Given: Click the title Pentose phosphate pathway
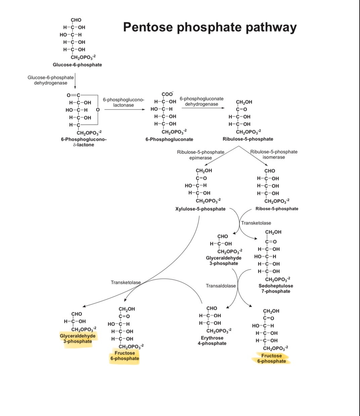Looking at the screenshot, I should click(x=210, y=27).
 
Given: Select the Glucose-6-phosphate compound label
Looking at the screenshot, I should click(x=77, y=65).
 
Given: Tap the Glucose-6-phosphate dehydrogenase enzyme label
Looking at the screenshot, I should click(x=50, y=80).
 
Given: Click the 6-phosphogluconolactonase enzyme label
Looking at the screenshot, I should click(x=123, y=102).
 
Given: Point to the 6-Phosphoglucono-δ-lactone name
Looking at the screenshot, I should click(x=84, y=142).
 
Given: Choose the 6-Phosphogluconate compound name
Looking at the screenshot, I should click(x=169, y=139).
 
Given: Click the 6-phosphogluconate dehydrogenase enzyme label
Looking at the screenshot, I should click(x=201, y=101).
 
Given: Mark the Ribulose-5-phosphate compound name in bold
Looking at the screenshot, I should click(x=248, y=139).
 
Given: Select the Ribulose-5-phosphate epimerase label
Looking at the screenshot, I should click(x=200, y=155).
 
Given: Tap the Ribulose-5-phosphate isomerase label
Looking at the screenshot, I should click(x=274, y=154).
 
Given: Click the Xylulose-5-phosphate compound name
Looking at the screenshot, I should click(x=200, y=209).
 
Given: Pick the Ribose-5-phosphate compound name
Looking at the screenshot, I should click(x=277, y=209).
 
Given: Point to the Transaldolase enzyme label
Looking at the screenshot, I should click(x=221, y=286).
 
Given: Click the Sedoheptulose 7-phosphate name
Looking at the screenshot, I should click(x=276, y=288).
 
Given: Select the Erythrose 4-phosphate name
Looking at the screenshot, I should click(x=212, y=340).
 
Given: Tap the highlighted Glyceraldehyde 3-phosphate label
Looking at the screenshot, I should click(x=78, y=338).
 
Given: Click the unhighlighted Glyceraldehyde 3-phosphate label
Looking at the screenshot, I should click(x=224, y=260).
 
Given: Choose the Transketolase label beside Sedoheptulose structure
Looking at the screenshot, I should click(x=256, y=223).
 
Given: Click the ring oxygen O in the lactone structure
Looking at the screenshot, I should click(x=98, y=110).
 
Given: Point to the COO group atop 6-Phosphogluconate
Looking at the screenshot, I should click(x=167, y=94).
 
